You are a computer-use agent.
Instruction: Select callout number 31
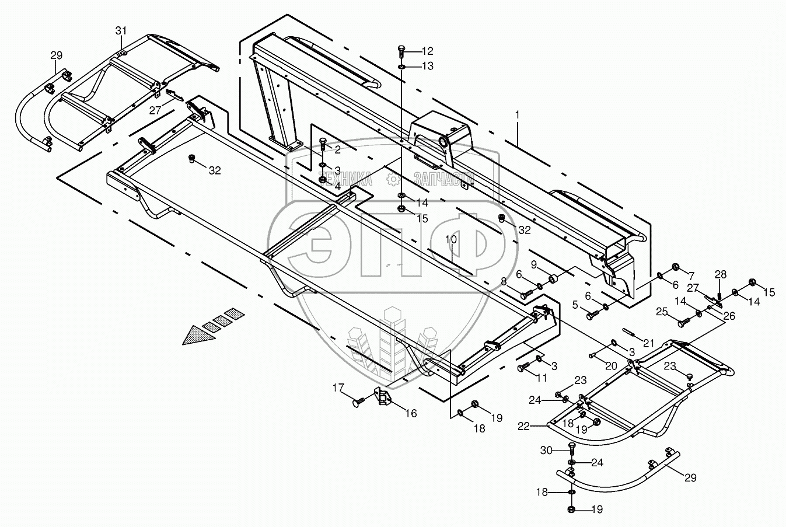[x=120, y=30]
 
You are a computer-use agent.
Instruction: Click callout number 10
[x=452, y=239]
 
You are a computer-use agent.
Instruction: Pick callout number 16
[x=411, y=414]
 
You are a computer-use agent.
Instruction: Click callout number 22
[x=523, y=427]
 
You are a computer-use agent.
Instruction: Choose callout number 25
[x=661, y=312]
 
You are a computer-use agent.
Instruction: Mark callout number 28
[x=721, y=274]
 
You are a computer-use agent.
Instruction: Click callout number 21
[x=649, y=341]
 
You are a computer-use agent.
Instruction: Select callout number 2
[x=337, y=150]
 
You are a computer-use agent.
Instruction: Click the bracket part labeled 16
[x=382, y=397]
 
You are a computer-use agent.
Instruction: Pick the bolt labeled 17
[x=358, y=402]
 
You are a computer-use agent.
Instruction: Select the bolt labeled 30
[x=571, y=450]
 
